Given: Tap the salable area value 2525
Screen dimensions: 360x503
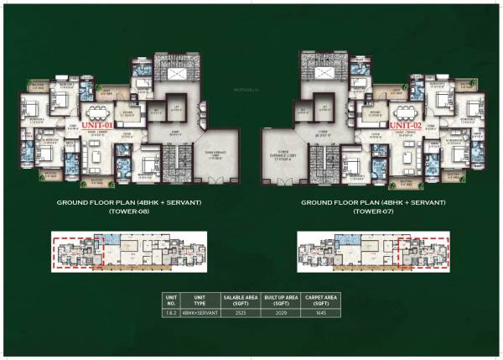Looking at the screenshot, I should [x=239, y=312].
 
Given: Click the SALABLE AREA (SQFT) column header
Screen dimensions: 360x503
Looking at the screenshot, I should [x=239, y=299].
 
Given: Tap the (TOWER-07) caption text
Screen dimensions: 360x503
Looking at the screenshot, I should [x=374, y=211].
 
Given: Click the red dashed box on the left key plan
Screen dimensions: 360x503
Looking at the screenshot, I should [x=77, y=250].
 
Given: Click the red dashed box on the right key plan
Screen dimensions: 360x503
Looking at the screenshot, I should [x=423, y=250].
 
